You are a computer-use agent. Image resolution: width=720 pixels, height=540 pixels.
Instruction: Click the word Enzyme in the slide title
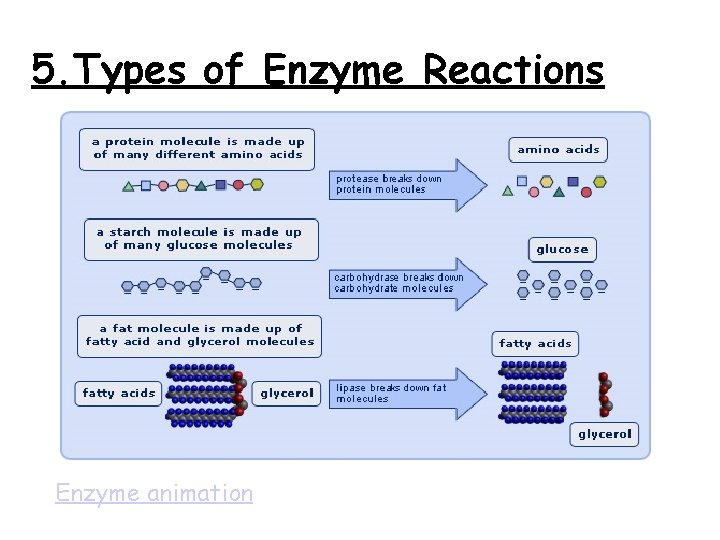[336, 71]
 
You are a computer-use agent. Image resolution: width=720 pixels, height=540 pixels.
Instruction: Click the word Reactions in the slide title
[514, 71]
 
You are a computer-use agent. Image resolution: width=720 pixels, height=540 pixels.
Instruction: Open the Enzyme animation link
[154, 493]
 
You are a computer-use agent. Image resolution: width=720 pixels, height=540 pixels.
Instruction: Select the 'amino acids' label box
[558, 150]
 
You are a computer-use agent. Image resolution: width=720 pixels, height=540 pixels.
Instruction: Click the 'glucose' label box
[562, 249]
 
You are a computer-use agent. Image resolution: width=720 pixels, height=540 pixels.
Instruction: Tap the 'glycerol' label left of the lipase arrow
[287, 393]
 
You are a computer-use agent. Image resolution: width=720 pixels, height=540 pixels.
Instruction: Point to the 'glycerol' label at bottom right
[605, 434]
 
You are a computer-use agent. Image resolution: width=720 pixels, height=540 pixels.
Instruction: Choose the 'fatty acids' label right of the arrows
[535, 343]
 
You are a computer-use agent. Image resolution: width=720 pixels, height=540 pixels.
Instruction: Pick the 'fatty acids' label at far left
[118, 393]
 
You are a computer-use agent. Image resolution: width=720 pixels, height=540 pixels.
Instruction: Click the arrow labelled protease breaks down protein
[405, 185]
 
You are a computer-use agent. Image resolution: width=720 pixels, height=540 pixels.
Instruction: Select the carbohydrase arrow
[405, 284]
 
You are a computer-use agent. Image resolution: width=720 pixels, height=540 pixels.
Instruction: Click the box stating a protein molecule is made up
[198, 149]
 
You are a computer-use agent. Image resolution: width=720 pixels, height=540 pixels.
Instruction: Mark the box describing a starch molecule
[200, 239]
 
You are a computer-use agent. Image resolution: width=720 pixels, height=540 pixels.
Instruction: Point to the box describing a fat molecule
[200, 335]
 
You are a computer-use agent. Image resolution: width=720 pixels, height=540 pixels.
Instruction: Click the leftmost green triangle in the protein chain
[128, 186]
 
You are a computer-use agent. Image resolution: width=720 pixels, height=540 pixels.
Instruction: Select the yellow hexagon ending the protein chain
[257, 185]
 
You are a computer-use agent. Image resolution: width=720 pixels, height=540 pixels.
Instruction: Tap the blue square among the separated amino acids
[573, 182]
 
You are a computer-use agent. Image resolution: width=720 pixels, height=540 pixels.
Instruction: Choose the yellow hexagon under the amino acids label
[600, 182]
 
